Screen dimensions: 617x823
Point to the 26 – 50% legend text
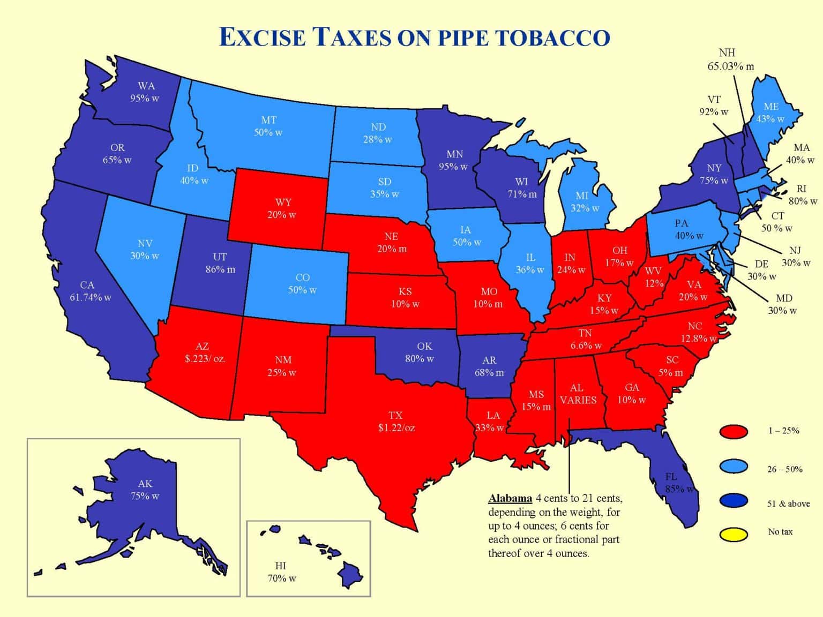784,469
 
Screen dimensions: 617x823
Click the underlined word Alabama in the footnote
510,499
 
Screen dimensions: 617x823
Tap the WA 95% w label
145,92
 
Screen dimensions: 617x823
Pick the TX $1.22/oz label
396,422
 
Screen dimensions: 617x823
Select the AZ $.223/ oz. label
205,353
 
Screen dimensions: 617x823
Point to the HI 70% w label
281,572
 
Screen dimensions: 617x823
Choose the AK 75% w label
145,490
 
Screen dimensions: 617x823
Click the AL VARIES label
578,394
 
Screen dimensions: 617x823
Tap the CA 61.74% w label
90,291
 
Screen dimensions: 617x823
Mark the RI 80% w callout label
802,195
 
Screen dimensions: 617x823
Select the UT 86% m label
220,263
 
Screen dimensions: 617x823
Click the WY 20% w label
282,208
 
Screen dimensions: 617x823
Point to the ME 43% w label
770,112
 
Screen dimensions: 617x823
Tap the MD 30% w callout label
783,304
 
